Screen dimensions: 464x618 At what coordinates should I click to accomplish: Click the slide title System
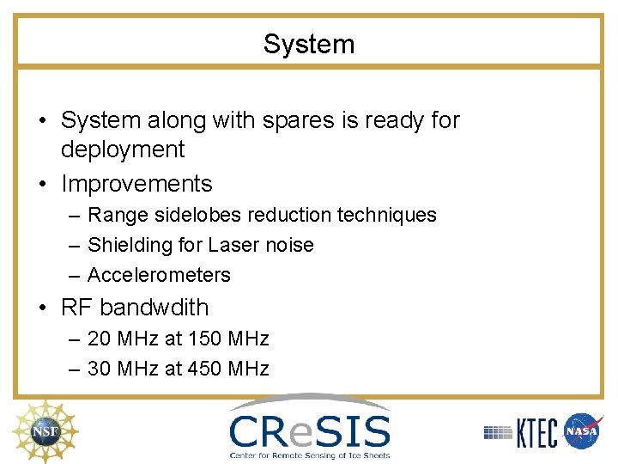(x=308, y=44)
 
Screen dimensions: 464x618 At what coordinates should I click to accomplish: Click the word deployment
(x=123, y=150)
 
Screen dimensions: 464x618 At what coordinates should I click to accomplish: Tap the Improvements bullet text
(x=136, y=184)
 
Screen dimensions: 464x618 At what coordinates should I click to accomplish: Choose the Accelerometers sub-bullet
(x=159, y=275)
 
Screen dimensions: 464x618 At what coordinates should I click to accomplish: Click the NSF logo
(x=42, y=430)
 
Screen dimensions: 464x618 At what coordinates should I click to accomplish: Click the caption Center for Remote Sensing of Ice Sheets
(x=309, y=455)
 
